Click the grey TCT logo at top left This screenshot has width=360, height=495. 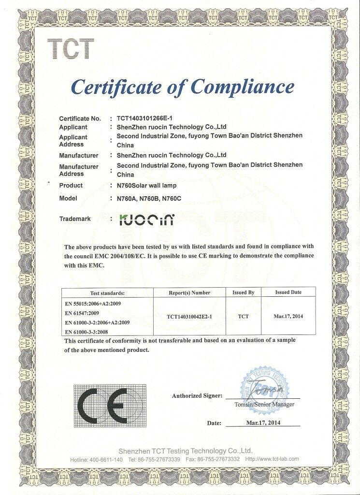pos(71,49)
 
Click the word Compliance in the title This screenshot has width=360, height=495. pos(243,87)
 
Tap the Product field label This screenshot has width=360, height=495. pos(71,186)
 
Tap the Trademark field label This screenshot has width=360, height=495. pos(75,219)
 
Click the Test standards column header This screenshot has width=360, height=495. pos(107,293)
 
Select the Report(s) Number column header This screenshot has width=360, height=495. pos(189,293)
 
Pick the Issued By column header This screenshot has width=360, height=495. pos(244,293)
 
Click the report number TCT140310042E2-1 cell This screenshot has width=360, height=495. pos(189,317)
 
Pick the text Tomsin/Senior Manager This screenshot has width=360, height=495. pos(264,404)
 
